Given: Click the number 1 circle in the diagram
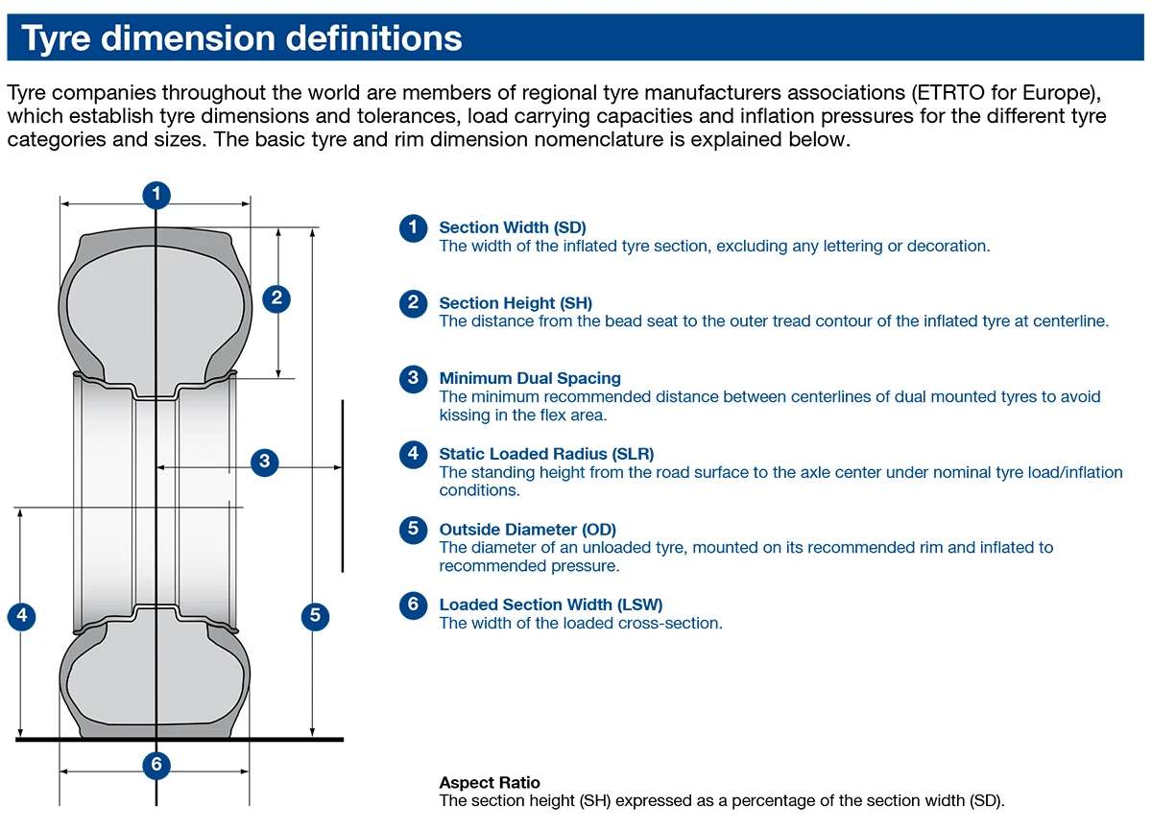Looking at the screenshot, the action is tap(156, 194).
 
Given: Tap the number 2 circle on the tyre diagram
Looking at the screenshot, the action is tap(276, 297).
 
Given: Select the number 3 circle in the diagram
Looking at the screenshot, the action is tap(265, 462).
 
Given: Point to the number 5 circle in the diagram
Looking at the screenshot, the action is tap(316, 616).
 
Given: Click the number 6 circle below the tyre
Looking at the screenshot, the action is tap(156, 765).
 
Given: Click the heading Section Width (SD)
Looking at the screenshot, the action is tap(512, 227).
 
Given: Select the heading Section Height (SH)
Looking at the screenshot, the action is tap(516, 303).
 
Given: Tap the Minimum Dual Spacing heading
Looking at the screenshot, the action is tap(530, 378).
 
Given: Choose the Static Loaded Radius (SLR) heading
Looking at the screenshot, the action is tap(546, 454).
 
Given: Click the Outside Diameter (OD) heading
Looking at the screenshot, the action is tap(527, 530).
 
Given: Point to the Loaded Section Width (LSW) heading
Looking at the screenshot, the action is tap(550, 605).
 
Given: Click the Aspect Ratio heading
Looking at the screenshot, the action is tap(490, 783).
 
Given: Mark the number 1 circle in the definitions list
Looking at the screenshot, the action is tap(413, 227).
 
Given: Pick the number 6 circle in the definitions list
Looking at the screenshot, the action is tap(413, 605).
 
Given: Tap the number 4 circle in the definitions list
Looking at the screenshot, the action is tap(413, 454).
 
